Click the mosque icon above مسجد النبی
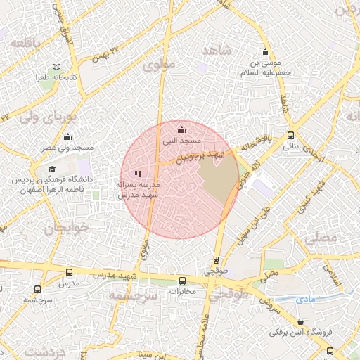click(x=182, y=129)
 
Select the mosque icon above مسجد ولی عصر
click(x=67, y=136)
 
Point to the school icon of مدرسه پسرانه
click(x=138, y=173)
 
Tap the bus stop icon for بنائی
click(x=290, y=136)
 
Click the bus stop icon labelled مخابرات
click(x=182, y=281)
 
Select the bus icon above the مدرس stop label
click(x=68, y=272)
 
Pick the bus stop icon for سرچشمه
click(x=37, y=288)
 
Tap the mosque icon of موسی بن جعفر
click(x=265, y=52)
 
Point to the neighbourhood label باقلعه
click(x=26, y=43)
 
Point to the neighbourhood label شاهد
click(x=217, y=51)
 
